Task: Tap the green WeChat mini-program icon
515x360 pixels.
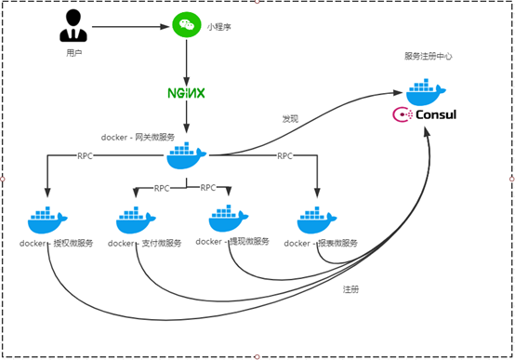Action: (187, 25)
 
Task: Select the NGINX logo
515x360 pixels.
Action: (186, 94)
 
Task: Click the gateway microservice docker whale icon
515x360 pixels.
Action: (188, 155)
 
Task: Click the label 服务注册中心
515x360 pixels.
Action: (427, 57)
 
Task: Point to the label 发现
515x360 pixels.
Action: (290, 119)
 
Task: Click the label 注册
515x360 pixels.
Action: (349, 289)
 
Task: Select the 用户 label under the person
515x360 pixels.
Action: (74, 54)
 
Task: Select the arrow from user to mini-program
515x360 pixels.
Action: (130, 26)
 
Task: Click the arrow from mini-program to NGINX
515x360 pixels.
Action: (187, 60)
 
